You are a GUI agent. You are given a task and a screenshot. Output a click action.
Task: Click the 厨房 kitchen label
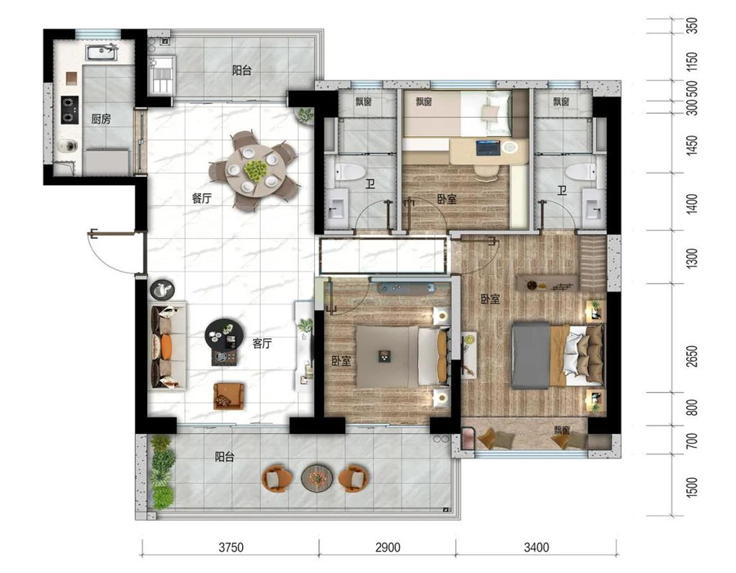point(101,120)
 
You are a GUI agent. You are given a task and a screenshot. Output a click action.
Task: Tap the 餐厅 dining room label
point(201,198)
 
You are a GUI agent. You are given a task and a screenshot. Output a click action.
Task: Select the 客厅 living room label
point(262,343)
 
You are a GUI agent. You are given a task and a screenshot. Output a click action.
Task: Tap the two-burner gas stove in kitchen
point(70,110)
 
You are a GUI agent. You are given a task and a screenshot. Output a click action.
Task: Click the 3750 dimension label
point(231,548)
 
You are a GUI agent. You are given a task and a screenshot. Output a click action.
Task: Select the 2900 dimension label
point(388,548)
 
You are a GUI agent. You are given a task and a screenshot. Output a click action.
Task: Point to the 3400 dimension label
point(536,548)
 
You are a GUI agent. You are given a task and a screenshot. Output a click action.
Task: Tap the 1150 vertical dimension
point(691,61)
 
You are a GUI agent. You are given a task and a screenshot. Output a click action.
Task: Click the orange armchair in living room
point(229,395)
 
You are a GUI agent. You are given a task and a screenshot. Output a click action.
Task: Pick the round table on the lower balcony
point(316,478)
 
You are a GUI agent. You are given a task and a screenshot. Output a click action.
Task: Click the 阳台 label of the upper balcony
point(242,71)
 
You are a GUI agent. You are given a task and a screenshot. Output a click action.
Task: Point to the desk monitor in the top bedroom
point(487,147)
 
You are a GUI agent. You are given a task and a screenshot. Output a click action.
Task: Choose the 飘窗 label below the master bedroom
point(562,430)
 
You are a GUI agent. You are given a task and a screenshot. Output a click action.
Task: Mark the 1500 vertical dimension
point(691,487)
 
